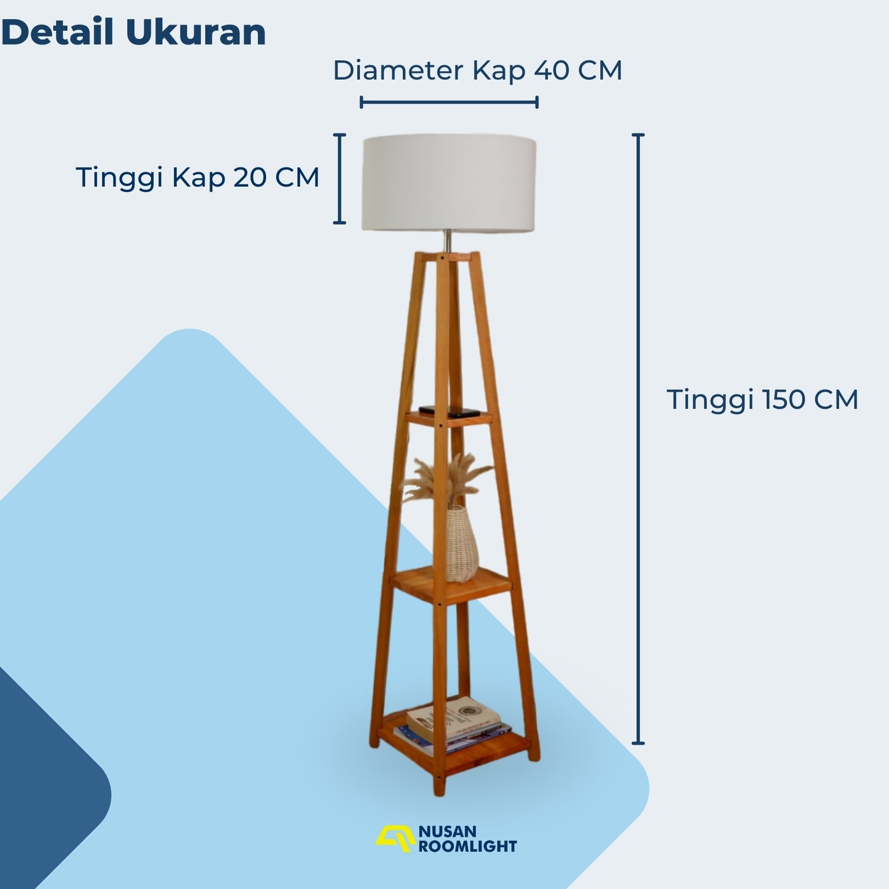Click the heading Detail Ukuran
click(134, 32)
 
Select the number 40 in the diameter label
click(552, 71)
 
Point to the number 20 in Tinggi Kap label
click(251, 178)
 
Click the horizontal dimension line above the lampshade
click(449, 102)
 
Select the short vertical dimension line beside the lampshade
click(339, 178)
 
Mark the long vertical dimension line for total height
click(638, 438)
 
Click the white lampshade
click(449, 183)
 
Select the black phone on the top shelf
click(450, 411)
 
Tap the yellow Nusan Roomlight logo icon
click(395, 838)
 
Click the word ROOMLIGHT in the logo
click(467, 846)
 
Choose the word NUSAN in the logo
click(447, 831)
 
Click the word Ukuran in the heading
click(196, 32)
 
